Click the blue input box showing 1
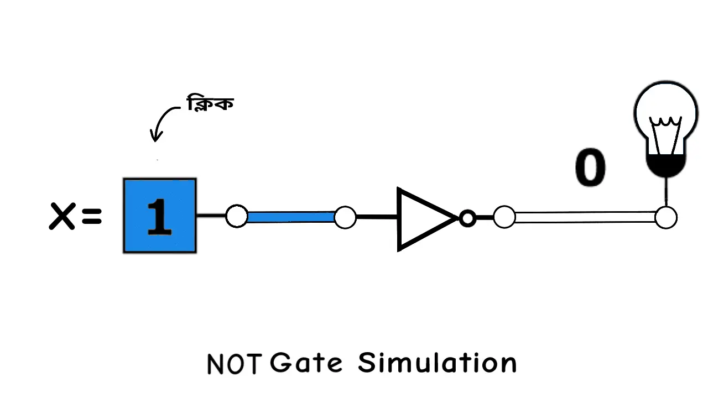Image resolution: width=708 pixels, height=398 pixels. point(159,216)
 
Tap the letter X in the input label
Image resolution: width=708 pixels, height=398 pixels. point(62,216)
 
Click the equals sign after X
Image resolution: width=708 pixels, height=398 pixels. point(91,216)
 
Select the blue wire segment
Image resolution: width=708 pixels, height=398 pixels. point(291,217)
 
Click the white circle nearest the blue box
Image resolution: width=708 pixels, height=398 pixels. point(237,216)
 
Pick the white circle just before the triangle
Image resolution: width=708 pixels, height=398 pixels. point(345,217)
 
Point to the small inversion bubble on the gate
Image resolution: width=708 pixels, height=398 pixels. point(467,219)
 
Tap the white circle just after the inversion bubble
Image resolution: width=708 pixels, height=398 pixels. point(504,217)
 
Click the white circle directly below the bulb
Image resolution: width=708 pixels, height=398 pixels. point(666,218)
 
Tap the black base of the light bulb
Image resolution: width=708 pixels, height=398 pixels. point(666,165)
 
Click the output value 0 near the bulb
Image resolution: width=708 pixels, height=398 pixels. point(590,167)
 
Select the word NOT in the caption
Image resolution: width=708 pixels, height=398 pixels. point(233,364)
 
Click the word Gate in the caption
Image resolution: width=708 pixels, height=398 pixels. point(306,363)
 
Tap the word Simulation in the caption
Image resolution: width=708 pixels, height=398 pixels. point(437,363)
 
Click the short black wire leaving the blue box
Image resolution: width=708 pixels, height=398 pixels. point(211,216)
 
